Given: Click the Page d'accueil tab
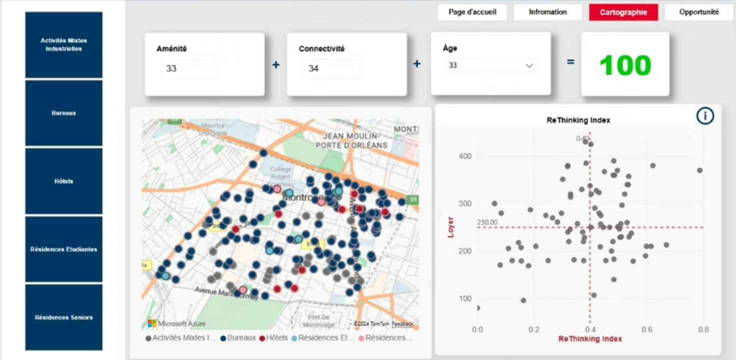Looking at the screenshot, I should [472, 12].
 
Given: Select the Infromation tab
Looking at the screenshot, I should [548, 12].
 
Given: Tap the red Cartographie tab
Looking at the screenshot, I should [623, 12].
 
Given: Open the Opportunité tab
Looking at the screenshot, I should [699, 12].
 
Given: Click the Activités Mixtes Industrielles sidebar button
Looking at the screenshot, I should [64, 45].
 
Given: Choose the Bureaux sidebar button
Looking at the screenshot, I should [64, 113].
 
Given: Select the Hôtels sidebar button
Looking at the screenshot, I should [64, 181].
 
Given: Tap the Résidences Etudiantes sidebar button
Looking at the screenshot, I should [64, 249].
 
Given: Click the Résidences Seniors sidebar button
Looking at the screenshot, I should [64, 317].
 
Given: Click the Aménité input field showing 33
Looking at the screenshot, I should [189, 68].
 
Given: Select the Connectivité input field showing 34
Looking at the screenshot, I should [331, 68].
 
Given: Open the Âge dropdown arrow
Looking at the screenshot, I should [529, 65].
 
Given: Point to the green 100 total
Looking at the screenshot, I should [625, 65].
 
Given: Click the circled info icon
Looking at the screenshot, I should [705, 116].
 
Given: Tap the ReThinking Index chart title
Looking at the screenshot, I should [578, 120].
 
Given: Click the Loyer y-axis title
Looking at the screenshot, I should [451, 227].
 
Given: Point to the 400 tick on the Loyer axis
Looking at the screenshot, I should [465, 156].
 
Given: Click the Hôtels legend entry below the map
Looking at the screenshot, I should [273, 338].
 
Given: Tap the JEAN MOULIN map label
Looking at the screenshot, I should [351, 136].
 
